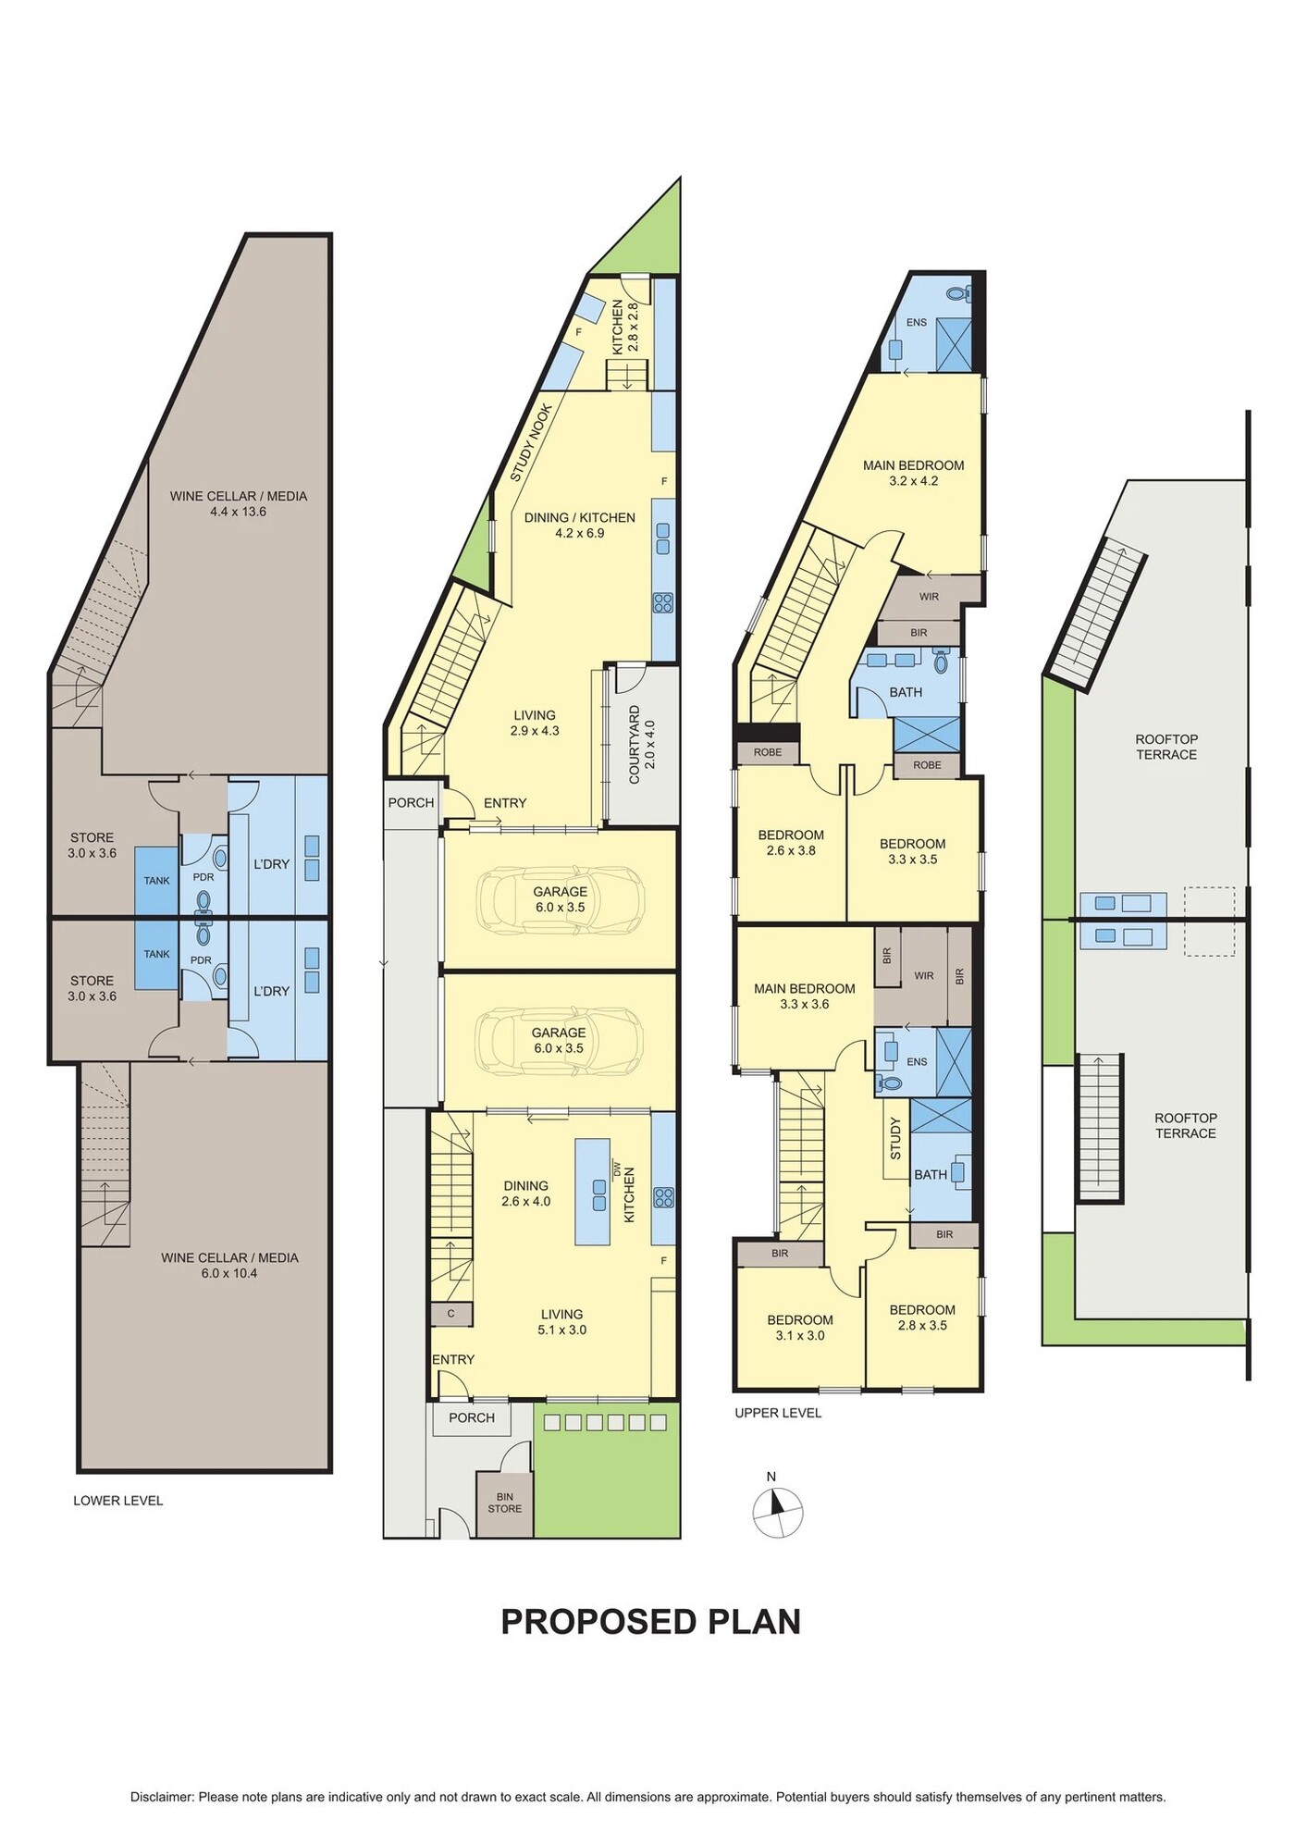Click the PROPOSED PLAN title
(650, 1622)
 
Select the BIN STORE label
(505, 1502)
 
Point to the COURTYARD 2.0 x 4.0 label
(641, 752)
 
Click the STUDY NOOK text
(532, 442)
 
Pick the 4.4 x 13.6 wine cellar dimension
(239, 512)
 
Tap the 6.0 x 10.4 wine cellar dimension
(229, 1273)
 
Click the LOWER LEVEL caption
(118, 1501)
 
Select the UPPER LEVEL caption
(778, 1413)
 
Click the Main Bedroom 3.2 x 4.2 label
(914, 473)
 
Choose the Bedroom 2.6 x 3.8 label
(791, 843)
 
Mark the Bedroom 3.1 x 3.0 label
(800, 1328)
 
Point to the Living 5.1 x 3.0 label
(562, 1322)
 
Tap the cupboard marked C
(451, 1314)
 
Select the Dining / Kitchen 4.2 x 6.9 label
(580, 526)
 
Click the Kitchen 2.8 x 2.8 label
(625, 328)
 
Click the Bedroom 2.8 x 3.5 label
(922, 1318)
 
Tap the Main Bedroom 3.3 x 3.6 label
(805, 996)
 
